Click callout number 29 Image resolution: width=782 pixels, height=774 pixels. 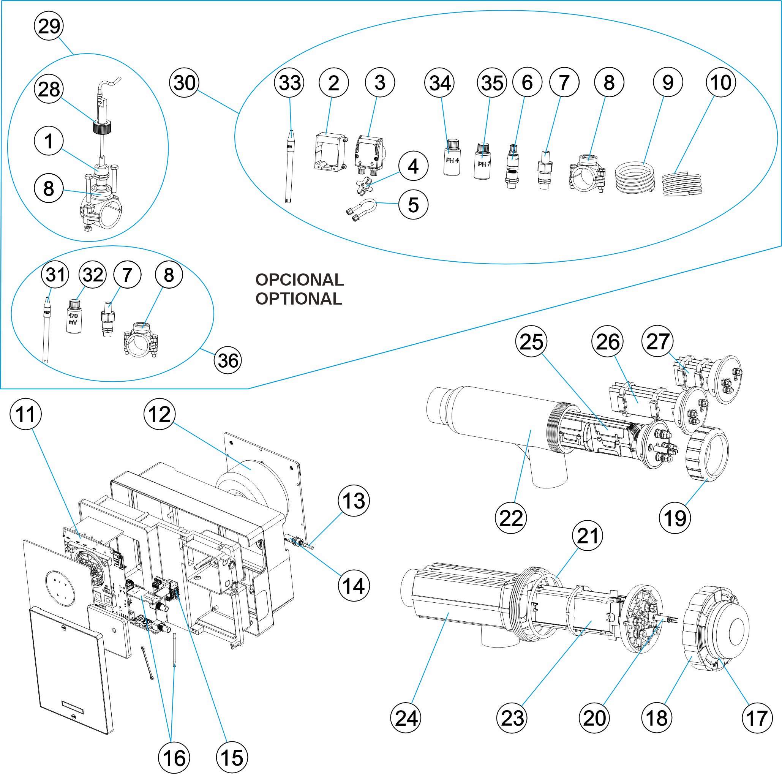click(49, 26)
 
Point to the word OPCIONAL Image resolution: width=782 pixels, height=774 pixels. click(300, 280)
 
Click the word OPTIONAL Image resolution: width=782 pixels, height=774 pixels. click(299, 299)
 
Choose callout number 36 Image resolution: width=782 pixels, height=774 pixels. click(228, 360)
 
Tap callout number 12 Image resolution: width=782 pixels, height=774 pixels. click(160, 414)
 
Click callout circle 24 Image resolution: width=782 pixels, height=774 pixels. click(406, 718)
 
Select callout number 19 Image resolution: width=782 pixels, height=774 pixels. click(675, 518)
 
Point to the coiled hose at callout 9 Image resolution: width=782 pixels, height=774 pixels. click(634, 177)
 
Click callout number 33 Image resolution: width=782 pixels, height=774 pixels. click(289, 82)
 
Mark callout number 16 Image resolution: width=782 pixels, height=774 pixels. click(174, 758)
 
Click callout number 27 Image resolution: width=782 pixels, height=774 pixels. click(657, 341)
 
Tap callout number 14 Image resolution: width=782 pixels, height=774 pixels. click(353, 586)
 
